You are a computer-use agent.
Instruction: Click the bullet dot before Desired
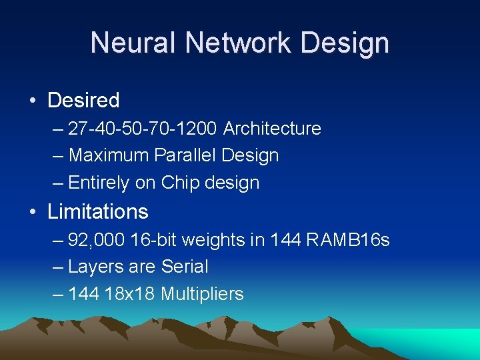pos(33,101)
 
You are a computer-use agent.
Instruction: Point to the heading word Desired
pos(83,101)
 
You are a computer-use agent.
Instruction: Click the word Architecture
pos(272,128)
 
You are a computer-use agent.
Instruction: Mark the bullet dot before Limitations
pos(33,213)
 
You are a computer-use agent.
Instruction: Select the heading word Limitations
pos(97,212)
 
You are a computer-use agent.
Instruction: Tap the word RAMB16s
pos(348,239)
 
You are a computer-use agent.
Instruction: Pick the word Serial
pos(185,267)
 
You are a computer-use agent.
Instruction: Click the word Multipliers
pos(202,294)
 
